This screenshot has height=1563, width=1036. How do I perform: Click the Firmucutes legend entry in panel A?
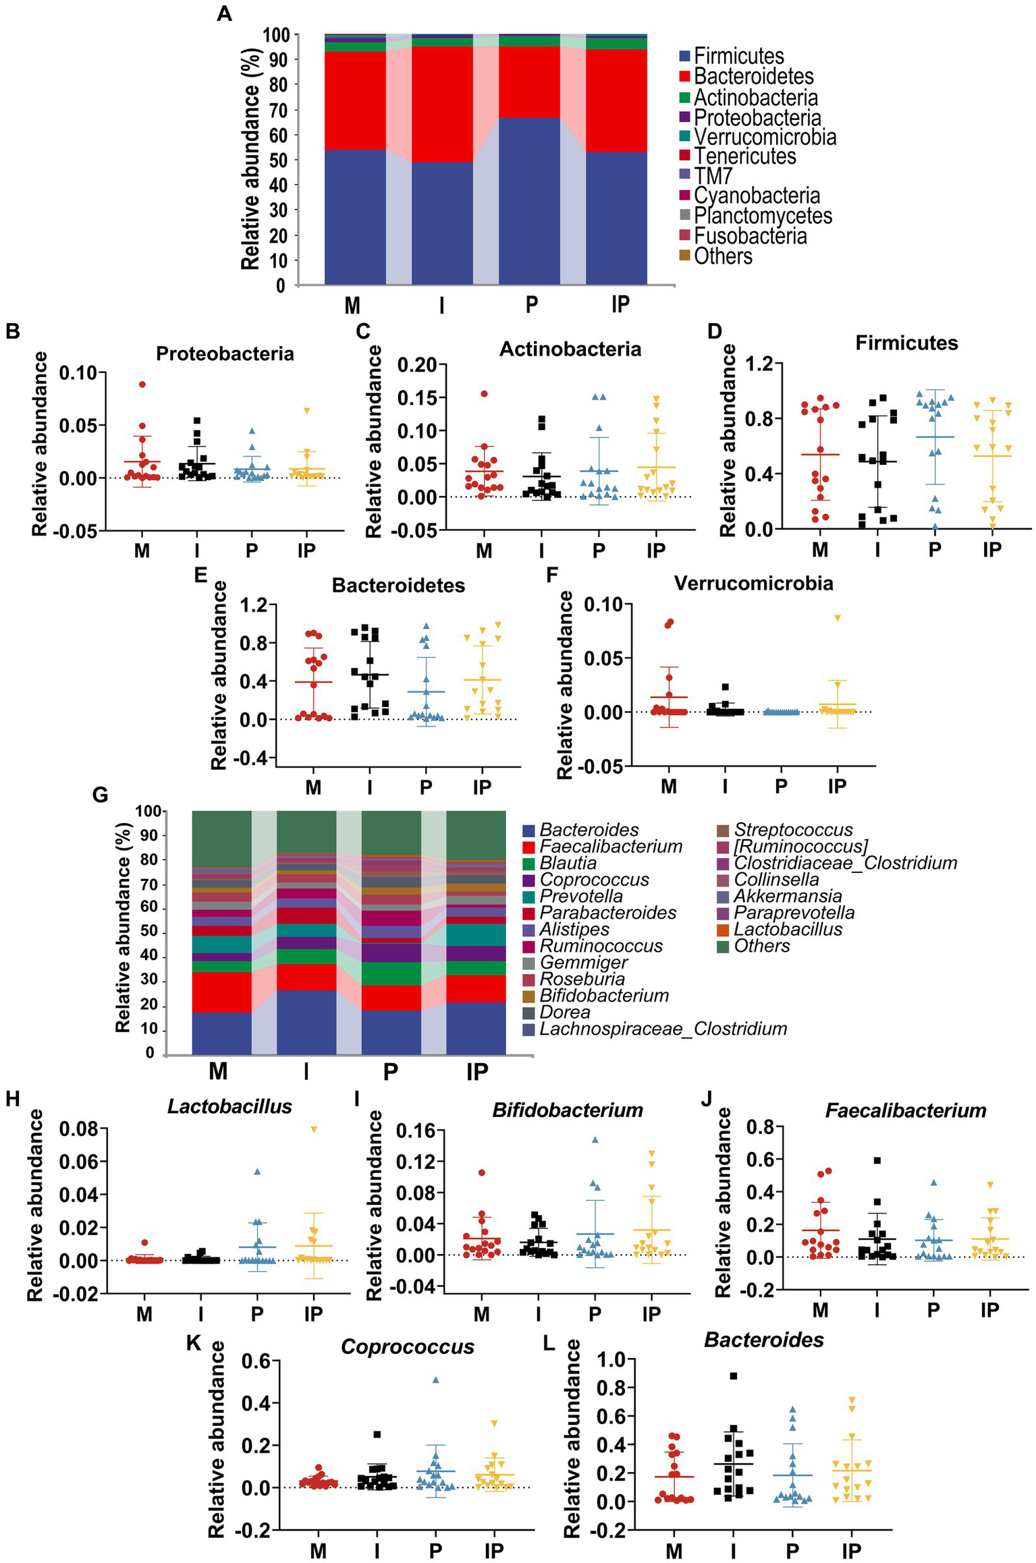(738, 56)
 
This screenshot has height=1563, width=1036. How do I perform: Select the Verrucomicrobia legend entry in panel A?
(765, 137)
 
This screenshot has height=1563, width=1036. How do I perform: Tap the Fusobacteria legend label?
(750, 236)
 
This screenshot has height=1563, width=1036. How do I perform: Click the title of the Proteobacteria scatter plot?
(225, 353)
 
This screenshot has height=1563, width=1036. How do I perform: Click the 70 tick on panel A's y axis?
(277, 110)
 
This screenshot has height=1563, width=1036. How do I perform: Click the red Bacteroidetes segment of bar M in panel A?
(355, 101)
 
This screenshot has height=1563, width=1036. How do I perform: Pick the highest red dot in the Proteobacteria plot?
(142, 385)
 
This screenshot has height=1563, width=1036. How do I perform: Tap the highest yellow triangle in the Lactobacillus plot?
(313, 1129)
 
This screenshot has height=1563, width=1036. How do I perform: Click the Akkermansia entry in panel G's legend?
(787, 896)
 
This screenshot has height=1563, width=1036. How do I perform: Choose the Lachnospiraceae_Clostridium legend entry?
(663, 1029)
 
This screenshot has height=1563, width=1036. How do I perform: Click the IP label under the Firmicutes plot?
(991, 550)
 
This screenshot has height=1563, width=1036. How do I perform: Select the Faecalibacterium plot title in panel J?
(905, 1110)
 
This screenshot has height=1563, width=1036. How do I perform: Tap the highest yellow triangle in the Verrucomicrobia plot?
(837, 618)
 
